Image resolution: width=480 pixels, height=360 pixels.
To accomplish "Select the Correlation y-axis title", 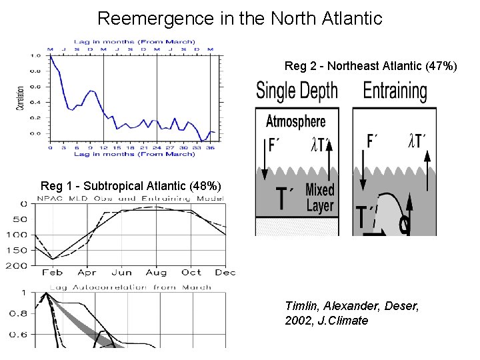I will click(21, 97).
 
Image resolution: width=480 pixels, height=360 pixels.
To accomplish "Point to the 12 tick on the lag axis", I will click(103, 147).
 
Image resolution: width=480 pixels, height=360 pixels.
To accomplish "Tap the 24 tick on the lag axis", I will click(156, 147).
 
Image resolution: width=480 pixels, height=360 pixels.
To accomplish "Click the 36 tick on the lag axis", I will click(210, 147).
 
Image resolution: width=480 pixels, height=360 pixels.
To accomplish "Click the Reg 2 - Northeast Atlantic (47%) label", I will click(371, 66).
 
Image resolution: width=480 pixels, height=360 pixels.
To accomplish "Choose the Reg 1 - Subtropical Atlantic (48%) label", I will click(131, 185).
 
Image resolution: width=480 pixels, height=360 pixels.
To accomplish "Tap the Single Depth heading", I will click(297, 91).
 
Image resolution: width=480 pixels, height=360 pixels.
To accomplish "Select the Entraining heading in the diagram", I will click(395, 91).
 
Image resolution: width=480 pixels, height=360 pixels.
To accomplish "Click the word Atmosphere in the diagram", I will click(295, 121).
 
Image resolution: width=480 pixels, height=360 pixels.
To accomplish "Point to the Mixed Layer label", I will click(320, 198).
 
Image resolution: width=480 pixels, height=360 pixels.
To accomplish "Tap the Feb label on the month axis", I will click(53, 273).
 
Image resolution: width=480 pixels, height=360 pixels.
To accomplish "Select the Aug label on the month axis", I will click(156, 273).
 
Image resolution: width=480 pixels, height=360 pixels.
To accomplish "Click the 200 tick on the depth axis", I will click(18, 265).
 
